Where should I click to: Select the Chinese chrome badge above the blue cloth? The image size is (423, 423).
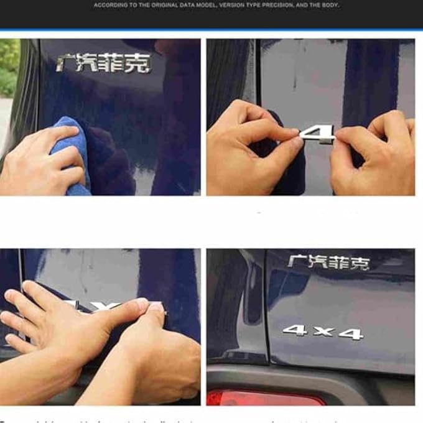103,63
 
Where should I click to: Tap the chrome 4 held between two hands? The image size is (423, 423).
317,133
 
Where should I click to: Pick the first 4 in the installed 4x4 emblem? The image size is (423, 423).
295,330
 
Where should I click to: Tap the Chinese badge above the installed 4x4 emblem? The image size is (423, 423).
328,262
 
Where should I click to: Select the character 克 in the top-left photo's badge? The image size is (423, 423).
138,64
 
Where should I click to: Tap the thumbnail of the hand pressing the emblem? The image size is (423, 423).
100,327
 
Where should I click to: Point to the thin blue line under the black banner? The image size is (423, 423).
211,30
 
